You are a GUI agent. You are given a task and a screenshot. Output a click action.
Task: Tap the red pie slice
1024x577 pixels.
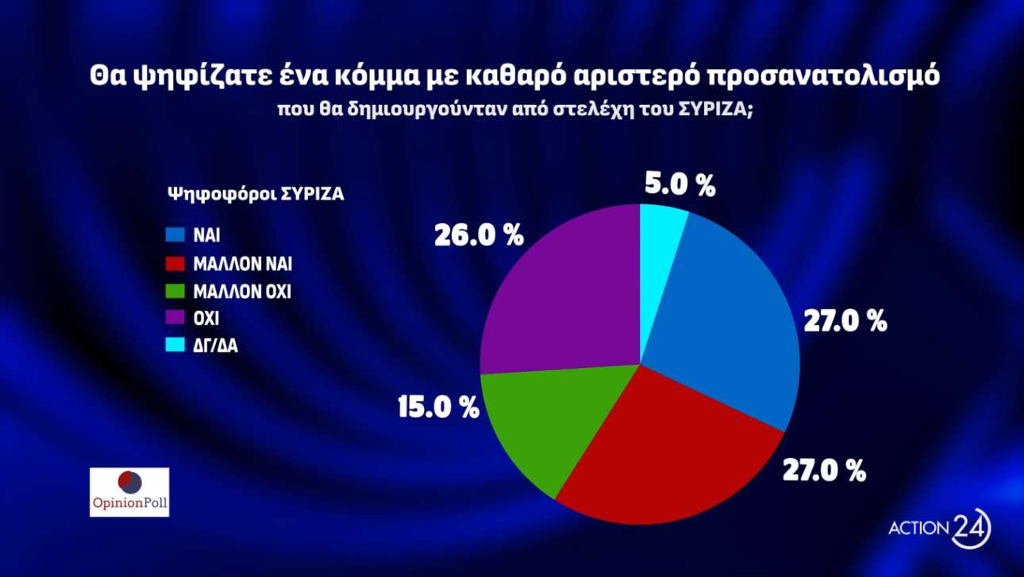point(659,453)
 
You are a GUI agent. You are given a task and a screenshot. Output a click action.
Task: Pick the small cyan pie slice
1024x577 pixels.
point(660,230)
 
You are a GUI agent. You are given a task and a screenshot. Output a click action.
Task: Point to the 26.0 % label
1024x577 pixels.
point(479,235)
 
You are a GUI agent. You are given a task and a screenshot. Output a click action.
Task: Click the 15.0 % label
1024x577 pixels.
point(438,408)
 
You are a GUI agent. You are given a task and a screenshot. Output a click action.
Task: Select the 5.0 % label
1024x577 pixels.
point(679,186)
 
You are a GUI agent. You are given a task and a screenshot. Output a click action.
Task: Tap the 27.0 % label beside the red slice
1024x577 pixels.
point(824,471)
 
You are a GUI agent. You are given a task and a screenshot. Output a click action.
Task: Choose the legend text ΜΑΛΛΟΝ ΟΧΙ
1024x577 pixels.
point(242,292)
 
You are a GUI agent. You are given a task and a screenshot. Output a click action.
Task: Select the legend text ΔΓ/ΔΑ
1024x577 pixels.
point(215,347)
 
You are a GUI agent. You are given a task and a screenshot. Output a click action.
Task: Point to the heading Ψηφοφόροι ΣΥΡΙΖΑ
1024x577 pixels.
point(256,194)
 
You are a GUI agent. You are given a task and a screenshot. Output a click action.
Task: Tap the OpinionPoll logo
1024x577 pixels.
point(129,492)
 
